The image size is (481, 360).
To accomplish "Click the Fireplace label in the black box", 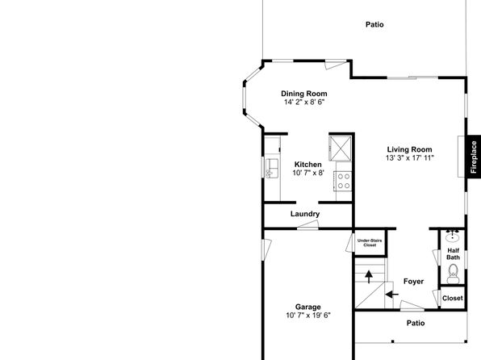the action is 474,157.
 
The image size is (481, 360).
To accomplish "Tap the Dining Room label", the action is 304,94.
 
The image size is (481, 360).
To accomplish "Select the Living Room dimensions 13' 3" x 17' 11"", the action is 409,158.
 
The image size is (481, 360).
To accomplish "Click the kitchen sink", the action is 272,168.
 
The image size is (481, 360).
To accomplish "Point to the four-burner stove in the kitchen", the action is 344,181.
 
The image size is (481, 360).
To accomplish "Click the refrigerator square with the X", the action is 341,149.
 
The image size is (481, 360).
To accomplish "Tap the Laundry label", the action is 305,214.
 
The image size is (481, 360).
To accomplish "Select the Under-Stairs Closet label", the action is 370,243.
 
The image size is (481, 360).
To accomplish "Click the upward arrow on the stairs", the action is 369,277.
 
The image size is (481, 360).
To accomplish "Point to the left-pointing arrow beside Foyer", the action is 391,295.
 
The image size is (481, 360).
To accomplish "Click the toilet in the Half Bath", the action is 453,274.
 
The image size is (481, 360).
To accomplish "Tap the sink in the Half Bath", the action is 453,237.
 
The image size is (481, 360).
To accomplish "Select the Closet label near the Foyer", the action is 453,298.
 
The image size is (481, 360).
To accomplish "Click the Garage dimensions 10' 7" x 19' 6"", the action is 308,316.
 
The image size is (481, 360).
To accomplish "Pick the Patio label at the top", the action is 374,24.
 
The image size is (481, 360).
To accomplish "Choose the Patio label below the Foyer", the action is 416,323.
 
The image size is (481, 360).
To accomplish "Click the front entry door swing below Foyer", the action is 412,305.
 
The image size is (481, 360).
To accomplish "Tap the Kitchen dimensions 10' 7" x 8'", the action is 308,173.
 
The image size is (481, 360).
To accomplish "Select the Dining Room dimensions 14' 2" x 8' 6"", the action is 304,103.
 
